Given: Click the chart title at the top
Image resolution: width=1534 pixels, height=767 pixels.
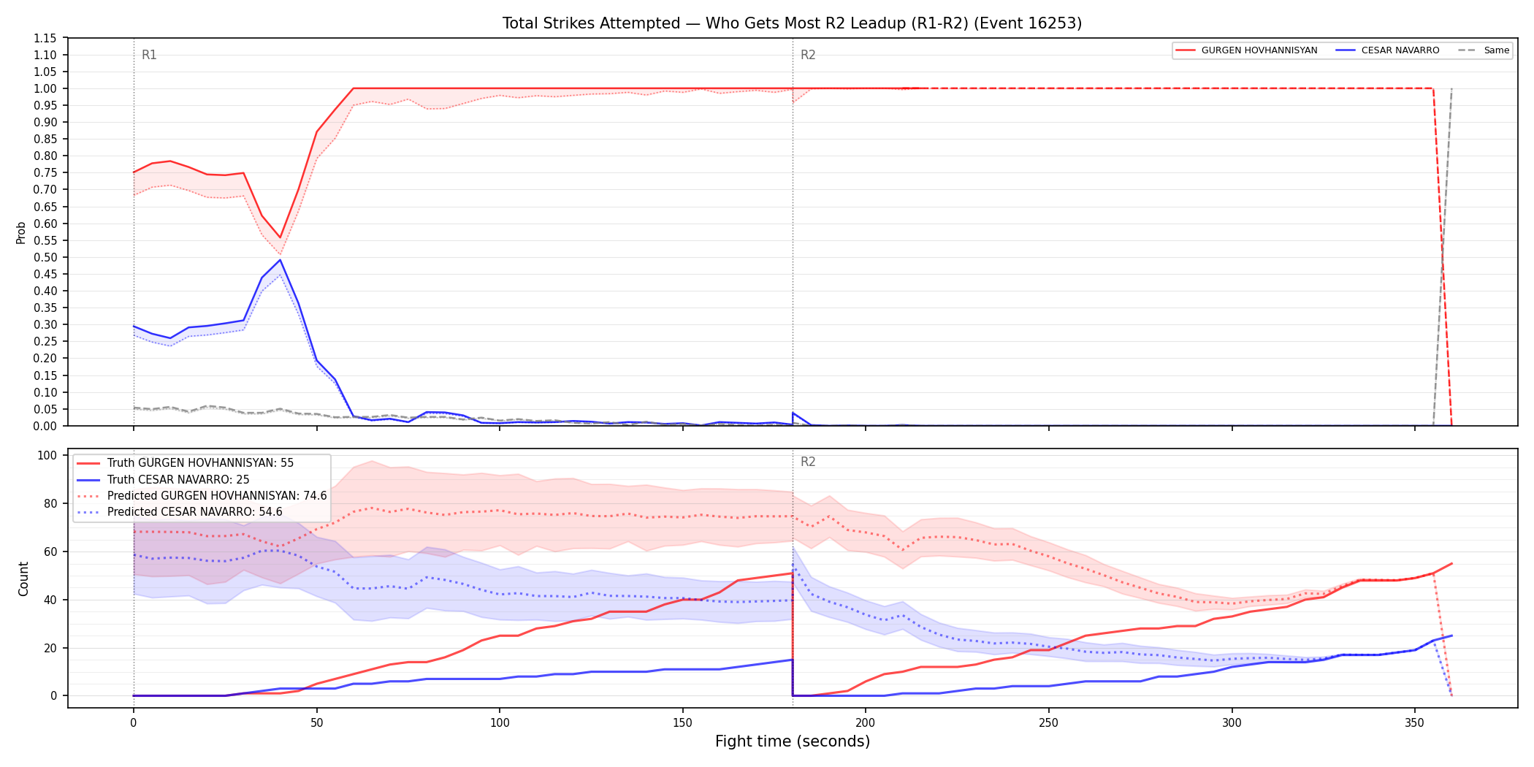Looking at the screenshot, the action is pyautogui.click(x=792, y=23).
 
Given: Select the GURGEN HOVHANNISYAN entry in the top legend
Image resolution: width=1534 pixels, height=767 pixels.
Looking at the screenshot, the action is pyautogui.click(x=1247, y=50).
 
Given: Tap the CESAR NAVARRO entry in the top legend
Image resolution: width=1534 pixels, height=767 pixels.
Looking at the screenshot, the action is pyautogui.click(x=1387, y=50).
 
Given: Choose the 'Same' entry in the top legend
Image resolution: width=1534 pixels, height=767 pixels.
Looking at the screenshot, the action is pyautogui.click(x=1484, y=50).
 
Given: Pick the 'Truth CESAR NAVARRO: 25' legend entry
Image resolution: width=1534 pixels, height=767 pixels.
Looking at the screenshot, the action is pyautogui.click(x=163, y=480).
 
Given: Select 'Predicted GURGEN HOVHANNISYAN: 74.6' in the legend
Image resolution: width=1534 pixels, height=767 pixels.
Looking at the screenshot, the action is pyautogui.click(x=202, y=496).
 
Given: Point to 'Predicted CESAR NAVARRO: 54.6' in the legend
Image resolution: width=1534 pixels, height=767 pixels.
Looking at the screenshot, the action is pyautogui.click(x=180, y=512).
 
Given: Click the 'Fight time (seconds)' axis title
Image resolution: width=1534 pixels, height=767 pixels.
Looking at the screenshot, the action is pyautogui.click(x=793, y=741).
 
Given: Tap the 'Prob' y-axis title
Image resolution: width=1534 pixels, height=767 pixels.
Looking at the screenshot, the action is pyautogui.click(x=21, y=232).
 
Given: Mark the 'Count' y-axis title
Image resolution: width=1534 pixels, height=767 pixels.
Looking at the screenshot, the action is pyautogui.click(x=23, y=579).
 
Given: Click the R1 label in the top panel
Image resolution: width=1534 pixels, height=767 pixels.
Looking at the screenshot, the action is pyautogui.click(x=149, y=55).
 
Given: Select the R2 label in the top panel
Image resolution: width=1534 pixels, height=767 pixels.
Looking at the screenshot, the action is pyautogui.click(x=808, y=55).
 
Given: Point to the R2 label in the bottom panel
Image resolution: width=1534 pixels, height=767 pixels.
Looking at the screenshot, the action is pyautogui.click(x=808, y=462).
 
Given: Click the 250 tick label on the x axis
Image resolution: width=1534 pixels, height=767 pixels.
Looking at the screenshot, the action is pyautogui.click(x=1048, y=723).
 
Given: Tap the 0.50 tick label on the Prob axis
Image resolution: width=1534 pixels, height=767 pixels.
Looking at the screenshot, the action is pyautogui.click(x=45, y=257).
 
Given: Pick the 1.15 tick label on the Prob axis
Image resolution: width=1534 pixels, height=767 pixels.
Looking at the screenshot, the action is pyautogui.click(x=45, y=38).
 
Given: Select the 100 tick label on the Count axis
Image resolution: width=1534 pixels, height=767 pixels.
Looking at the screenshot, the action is pyautogui.click(x=47, y=455).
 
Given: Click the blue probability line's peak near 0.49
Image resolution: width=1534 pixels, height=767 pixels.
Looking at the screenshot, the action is pyautogui.click(x=280, y=260).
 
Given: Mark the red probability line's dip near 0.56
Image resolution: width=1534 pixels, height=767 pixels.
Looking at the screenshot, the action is pyautogui.click(x=280, y=237).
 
